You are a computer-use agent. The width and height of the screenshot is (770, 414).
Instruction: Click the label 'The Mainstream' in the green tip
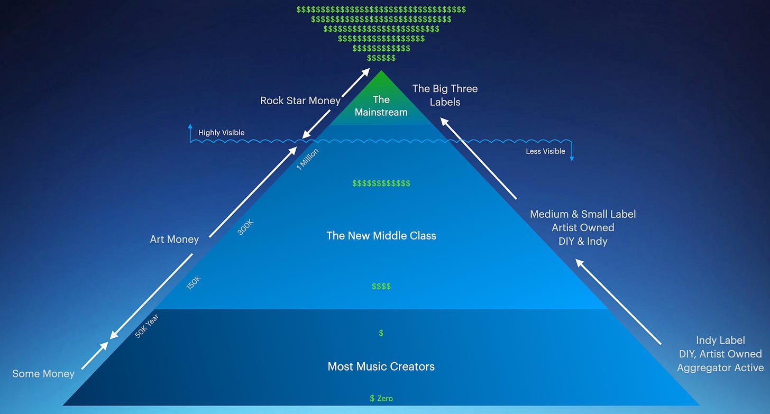tap(381, 106)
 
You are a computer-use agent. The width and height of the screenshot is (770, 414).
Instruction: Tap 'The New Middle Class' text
tap(381, 236)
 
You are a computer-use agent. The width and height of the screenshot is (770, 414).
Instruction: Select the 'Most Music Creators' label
tap(381, 366)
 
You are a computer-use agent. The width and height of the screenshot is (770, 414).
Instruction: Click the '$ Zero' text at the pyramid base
tap(381, 398)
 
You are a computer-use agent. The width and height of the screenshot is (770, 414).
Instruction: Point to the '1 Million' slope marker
tap(307, 159)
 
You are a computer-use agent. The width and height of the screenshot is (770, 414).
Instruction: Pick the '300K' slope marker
tap(245, 227)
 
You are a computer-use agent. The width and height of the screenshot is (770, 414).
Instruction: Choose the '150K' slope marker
tap(194, 283)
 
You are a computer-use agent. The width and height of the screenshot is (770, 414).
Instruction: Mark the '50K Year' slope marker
tap(146, 326)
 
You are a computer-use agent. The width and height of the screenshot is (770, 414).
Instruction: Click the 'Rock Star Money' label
tap(300, 100)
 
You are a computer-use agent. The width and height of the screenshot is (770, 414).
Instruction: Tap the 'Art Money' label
tap(175, 240)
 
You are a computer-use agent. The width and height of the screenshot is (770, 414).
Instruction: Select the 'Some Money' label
tap(43, 374)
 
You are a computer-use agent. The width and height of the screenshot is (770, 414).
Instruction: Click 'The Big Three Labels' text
tap(445, 95)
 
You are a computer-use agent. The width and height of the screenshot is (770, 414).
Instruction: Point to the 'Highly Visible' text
tap(221, 133)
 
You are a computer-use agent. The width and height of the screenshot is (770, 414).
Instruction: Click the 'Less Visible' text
tap(545, 151)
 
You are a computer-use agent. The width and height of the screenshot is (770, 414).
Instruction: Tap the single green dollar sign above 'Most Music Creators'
tap(381, 333)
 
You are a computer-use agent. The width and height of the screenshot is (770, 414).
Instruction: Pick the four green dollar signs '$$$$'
tap(381, 287)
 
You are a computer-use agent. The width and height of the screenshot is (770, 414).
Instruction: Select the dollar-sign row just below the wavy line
tap(381, 183)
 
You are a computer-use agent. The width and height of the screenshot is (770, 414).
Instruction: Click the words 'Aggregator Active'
tap(720, 367)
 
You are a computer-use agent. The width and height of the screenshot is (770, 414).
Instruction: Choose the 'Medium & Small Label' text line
tap(583, 214)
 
